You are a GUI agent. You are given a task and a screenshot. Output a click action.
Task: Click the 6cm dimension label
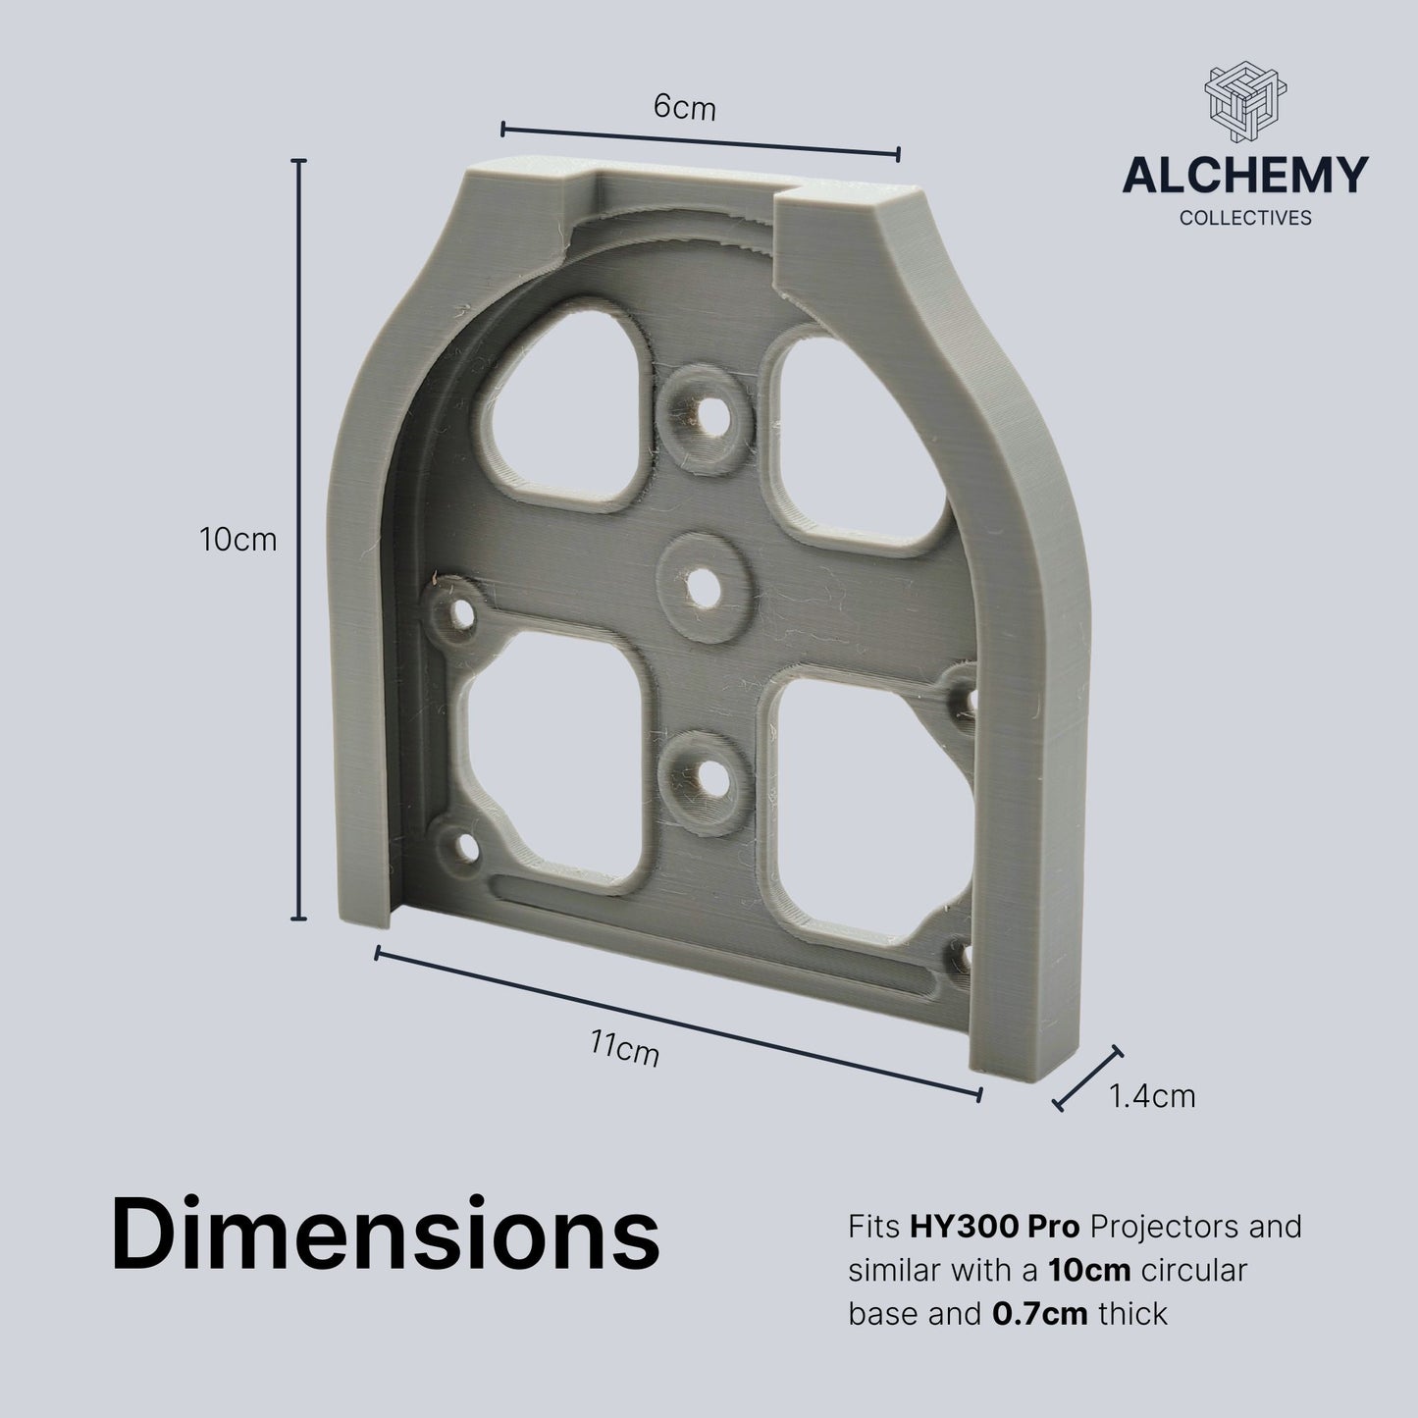(685, 107)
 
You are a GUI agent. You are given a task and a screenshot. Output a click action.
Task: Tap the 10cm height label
(238, 539)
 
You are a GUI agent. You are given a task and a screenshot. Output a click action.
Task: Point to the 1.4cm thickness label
(1152, 1095)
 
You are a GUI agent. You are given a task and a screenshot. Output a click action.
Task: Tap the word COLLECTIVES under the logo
(1244, 218)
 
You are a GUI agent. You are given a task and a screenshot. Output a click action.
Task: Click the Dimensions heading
(386, 1234)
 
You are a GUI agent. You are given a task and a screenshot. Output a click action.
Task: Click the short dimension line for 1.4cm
(1088, 1078)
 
